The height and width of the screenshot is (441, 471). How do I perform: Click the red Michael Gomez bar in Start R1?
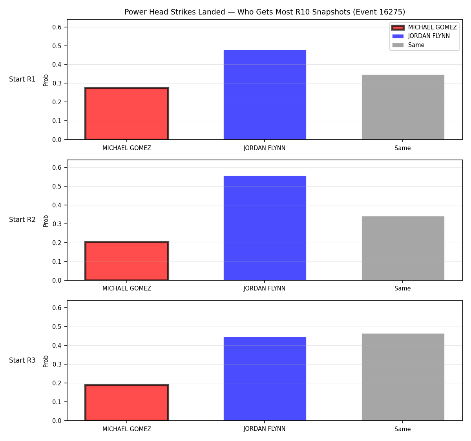coord(127,114)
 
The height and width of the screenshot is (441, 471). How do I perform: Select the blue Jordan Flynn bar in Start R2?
coord(265,228)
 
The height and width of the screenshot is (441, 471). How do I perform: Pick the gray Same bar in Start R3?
coord(403,377)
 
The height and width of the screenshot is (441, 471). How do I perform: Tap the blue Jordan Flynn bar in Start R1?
coord(265,95)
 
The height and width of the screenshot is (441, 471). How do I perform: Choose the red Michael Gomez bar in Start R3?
coord(127,403)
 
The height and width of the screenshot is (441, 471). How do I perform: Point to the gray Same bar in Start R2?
coord(403,248)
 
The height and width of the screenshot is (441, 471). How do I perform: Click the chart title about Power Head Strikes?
coord(265,12)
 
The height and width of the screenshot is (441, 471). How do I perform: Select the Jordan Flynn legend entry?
coord(429,36)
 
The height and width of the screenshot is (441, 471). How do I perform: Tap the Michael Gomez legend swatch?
coord(398,27)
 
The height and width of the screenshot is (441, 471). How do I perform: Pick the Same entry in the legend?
coord(416,45)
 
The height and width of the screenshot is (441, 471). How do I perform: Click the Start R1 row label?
coord(22,79)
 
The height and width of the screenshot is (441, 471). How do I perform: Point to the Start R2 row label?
coord(22,220)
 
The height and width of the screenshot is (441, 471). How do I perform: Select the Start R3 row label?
coord(22,360)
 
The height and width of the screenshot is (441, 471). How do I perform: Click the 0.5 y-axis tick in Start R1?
coord(57,46)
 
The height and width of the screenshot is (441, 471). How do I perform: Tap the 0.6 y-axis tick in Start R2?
coord(57,167)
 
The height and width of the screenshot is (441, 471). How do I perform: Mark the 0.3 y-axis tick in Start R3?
coord(57,364)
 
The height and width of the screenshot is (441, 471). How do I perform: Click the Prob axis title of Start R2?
coord(46,221)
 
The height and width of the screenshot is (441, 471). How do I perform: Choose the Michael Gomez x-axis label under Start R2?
coord(127,289)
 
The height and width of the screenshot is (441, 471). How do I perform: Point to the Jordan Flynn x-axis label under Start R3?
coord(265,429)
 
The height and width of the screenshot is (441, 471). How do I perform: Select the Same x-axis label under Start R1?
coord(402,148)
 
